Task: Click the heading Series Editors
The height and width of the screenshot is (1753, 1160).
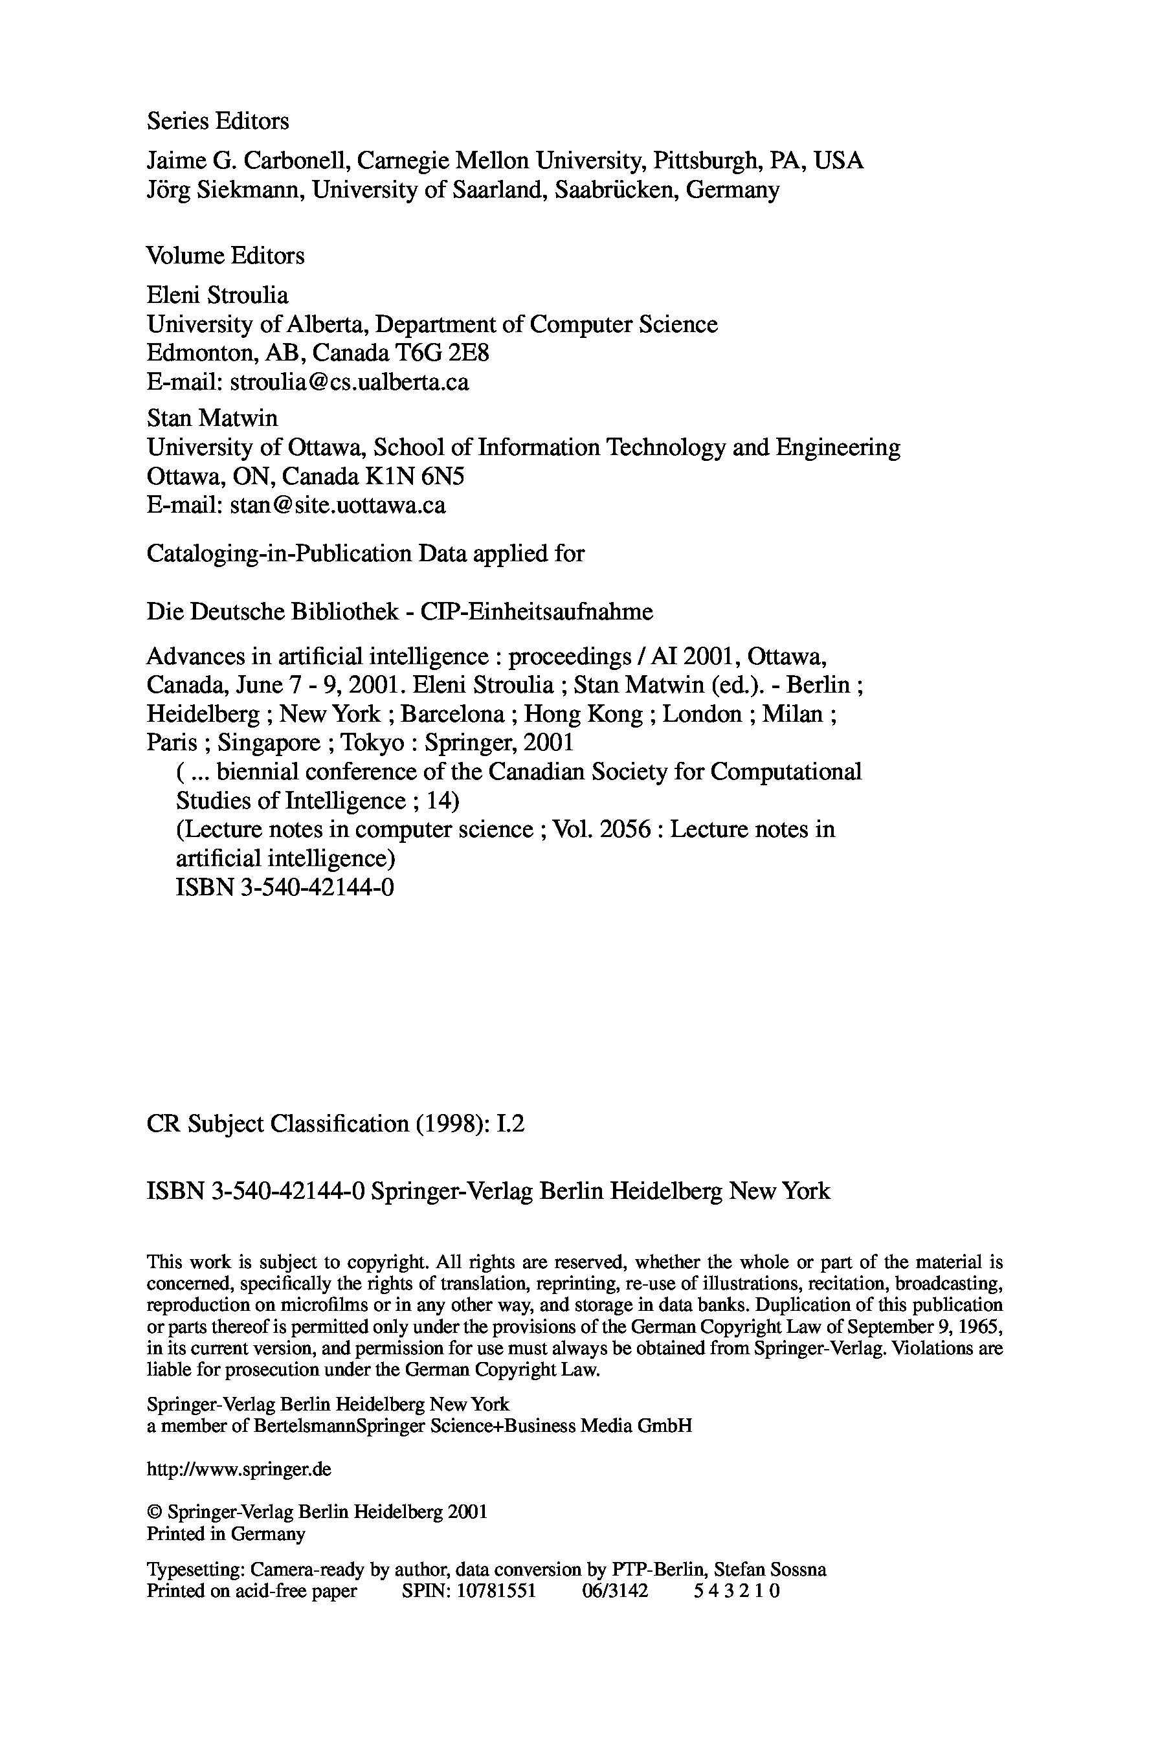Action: pyautogui.click(x=217, y=121)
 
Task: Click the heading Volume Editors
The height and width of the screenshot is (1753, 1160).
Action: pyautogui.click(x=226, y=256)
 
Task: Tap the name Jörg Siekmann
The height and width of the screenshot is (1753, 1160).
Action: pyautogui.click(x=223, y=191)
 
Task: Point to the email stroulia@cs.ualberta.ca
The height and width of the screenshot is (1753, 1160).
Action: pyautogui.click(x=349, y=383)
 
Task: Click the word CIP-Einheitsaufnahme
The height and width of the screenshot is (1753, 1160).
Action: pyautogui.click(x=537, y=612)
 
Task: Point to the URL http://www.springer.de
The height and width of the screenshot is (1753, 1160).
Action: pyautogui.click(x=239, y=1468)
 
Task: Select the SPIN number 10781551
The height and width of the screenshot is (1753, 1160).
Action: pyautogui.click(x=496, y=1591)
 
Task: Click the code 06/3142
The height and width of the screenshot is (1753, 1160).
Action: pyautogui.click(x=615, y=1591)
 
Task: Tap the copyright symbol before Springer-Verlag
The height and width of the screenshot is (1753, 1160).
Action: pyautogui.click(x=153, y=1512)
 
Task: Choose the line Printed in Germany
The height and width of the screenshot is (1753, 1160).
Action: pyautogui.click(x=226, y=1534)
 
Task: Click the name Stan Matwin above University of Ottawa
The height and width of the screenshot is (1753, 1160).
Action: pyautogui.click(x=212, y=419)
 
